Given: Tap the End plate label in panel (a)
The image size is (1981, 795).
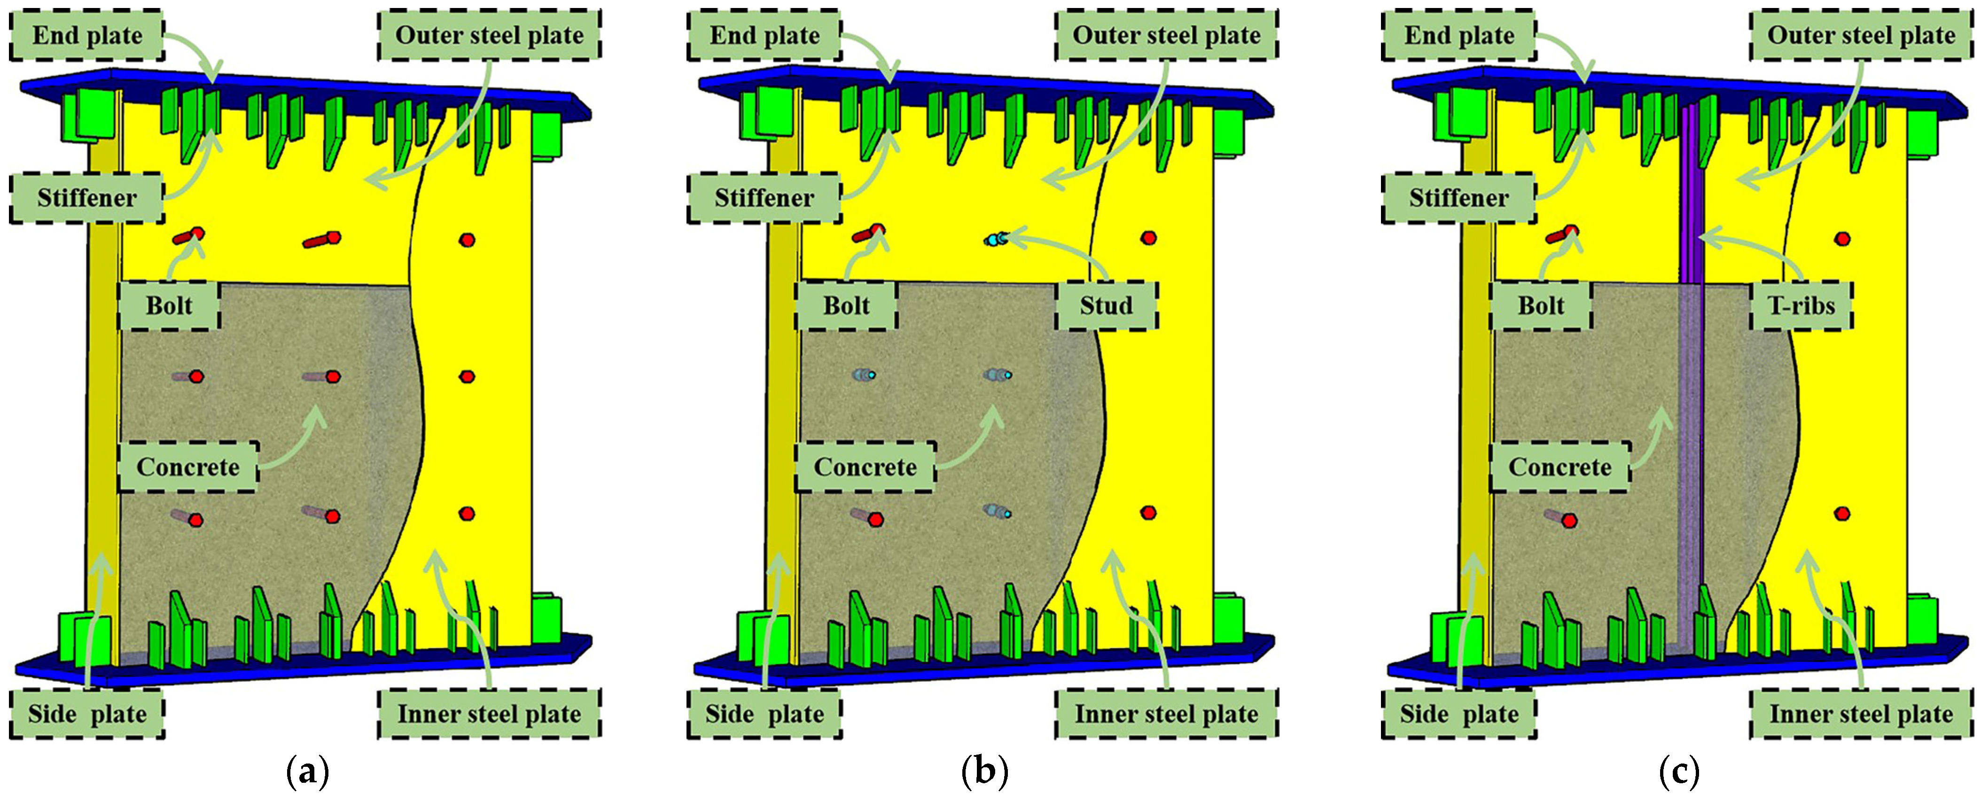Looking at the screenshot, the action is [87, 35].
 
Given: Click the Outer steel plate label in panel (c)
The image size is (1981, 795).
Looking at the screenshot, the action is [1861, 35].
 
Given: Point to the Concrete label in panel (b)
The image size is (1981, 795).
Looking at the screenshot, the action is [865, 467].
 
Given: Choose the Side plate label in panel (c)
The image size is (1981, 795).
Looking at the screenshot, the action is [1459, 714].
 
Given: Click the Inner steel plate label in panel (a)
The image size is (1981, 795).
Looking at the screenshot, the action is [489, 714].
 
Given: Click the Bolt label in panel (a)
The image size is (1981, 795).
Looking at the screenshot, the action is [169, 305].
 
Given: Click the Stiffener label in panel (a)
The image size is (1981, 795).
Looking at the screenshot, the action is [87, 198].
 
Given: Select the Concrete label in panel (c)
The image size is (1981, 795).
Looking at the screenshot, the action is [1560, 467].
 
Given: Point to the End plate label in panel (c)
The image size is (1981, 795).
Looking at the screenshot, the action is [1459, 35].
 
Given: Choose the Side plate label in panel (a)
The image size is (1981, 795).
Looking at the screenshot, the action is [87, 714].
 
